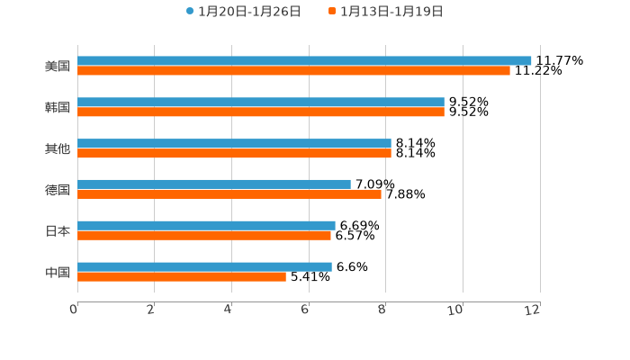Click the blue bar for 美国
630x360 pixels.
pyautogui.click(x=304, y=61)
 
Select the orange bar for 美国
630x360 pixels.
pyautogui.click(x=293, y=71)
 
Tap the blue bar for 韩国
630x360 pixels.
pyautogui.click(x=261, y=103)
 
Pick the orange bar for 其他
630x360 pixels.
pyautogui.click(x=234, y=154)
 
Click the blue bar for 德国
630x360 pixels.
pyautogui.click(x=214, y=184)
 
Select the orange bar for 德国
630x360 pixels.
pyautogui.click(x=229, y=194)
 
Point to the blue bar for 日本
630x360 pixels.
pyautogui.click(x=206, y=226)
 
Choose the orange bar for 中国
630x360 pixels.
pyautogui.click(x=182, y=277)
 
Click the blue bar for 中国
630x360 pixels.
pyautogui.click(x=204, y=267)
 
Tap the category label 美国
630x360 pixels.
pyautogui.click(x=58, y=66)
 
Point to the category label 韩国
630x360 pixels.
pyautogui.click(x=58, y=107)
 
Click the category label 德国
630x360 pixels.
pyautogui.click(x=58, y=190)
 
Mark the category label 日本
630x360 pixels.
pyautogui.click(x=58, y=231)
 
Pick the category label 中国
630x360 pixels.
pyautogui.click(x=58, y=272)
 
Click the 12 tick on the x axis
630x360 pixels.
pyautogui.click(x=533, y=310)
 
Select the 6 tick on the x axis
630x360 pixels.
pyautogui.click(x=305, y=310)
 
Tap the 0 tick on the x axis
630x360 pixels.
pyautogui.click(x=74, y=310)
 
